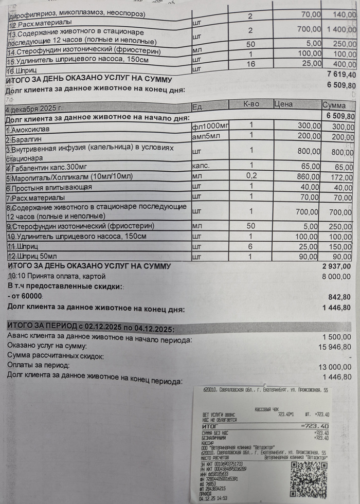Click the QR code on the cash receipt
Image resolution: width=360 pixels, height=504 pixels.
(308, 479)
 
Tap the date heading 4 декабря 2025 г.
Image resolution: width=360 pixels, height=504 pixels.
(33, 109)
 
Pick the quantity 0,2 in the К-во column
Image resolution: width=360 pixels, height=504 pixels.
(251, 177)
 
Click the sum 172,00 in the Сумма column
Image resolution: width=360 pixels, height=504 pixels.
(339, 177)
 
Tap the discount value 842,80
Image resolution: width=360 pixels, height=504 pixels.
(339, 297)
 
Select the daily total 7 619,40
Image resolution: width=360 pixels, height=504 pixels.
(338, 75)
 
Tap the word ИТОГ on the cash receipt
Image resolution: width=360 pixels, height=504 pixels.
(211, 426)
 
